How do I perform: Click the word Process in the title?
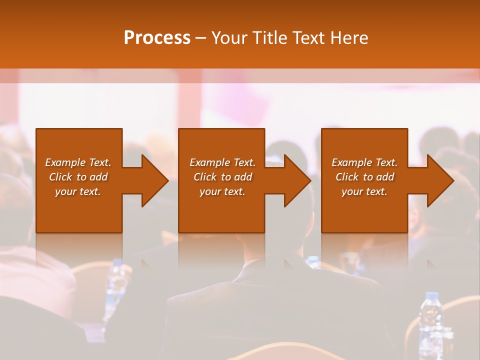click(x=157, y=38)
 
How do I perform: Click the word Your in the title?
click(x=229, y=38)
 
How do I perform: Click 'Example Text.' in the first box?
click(x=78, y=162)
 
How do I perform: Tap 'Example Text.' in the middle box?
click(x=222, y=162)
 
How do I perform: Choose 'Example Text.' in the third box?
click(x=364, y=162)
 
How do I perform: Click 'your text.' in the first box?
click(x=78, y=191)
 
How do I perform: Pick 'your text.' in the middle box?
click(x=222, y=191)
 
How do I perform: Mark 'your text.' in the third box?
click(x=364, y=191)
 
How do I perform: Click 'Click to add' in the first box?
click(x=78, y=177)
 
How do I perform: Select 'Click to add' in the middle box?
click(x=222, y=177)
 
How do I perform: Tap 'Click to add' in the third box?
click(x=364, y=177)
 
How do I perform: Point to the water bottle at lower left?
click(x=116, y=285)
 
